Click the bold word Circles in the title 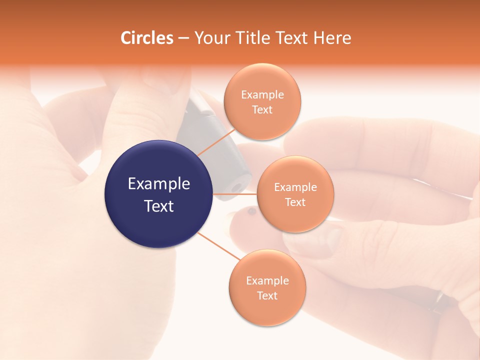(147, 38)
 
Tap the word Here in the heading (332, 38)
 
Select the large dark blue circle (158, 194)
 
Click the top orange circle (262, 101)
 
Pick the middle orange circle (295, 194)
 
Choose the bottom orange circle (267, 287)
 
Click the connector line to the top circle (216, 142)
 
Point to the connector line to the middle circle (235, 194)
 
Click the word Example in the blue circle (158, 184)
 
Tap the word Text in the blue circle (158, 206)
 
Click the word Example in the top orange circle (262, 94)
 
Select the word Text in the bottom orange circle (267, 295)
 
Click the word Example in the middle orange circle (295, 187)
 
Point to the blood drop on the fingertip (251, 212)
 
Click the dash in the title (183, 38)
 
